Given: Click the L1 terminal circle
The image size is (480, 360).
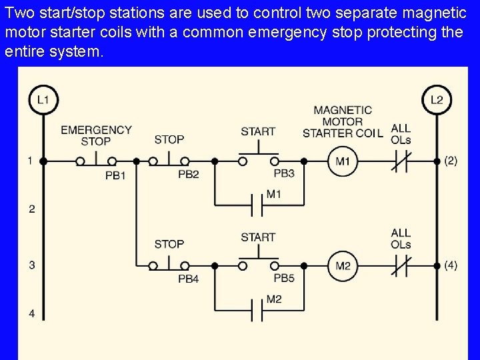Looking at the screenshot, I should click(43, 100).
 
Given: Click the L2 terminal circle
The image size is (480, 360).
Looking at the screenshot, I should click(437, 100).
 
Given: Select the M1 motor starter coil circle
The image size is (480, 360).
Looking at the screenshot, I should click(343, 161).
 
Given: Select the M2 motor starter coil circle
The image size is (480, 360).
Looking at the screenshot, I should click(343, 266).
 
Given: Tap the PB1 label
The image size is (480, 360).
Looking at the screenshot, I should click(115, 175).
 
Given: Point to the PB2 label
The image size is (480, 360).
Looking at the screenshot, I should click(189, 175).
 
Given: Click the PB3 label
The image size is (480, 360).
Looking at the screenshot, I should click(284, 174).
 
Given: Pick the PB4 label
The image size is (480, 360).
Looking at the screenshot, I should click(189, 279).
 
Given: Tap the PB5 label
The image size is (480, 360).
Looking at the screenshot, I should click(284, 278).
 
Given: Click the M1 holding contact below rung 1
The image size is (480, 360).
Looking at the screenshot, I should click(257, 205).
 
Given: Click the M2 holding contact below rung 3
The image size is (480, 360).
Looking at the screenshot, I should click(257, 310).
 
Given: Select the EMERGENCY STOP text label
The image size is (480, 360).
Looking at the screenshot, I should click(96, 135).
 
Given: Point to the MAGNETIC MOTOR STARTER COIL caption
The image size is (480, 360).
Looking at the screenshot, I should click(343, 121).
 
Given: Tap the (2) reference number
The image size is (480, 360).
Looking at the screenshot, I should click(451, 161).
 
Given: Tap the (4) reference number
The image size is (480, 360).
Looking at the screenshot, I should click(451, 265).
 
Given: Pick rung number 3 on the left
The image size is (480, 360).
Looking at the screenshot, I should click(31, 265).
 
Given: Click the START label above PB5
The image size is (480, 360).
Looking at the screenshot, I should click(258, 237).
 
